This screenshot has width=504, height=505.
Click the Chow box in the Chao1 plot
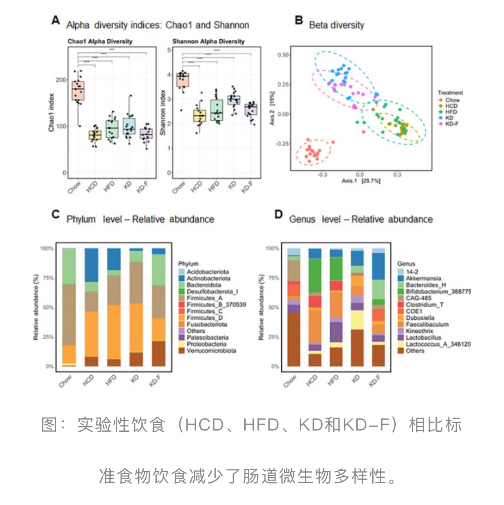(x=78, y=90)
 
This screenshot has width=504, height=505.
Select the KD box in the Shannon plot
(x=234, y=100)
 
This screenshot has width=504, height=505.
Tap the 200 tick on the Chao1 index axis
(x=61, y=80)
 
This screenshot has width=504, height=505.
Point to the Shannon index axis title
(x=163, y=113)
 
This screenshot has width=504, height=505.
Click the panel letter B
(x=299, y=20)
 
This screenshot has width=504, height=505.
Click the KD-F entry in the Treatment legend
(x=452, y=124)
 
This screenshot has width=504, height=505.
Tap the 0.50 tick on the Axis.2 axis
(x=283, y=55)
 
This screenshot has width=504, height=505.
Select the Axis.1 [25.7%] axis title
(x=361, y=181)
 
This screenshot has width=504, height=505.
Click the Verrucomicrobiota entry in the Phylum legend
(x=211, y=351)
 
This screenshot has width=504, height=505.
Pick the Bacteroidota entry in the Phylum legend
(x=204, y=285)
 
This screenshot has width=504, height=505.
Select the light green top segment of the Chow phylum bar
(x=69, y=266)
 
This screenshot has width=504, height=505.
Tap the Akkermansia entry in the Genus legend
(x=423, y=278)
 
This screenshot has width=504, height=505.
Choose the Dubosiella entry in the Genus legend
(x=420, y=318)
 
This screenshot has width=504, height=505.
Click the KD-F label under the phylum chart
(x=155, y=380)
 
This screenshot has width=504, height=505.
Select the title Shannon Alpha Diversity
(x=208, y=41)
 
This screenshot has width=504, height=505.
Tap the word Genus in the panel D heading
(x=302, y=220)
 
